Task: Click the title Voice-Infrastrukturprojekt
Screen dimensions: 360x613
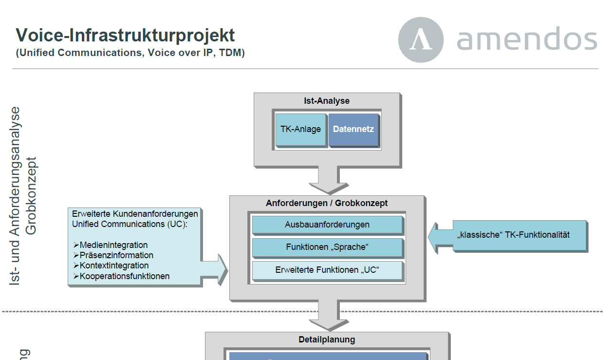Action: click(125, 35)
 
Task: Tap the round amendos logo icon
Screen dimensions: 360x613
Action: click(421, 39)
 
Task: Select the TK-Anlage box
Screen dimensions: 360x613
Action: click(301, 130)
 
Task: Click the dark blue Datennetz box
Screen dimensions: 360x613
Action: click(353, 130)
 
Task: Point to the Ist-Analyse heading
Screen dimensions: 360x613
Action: click(327, 101)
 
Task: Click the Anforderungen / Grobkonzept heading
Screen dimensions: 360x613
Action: click(327, 203)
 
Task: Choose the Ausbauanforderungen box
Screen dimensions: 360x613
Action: click(327, 225)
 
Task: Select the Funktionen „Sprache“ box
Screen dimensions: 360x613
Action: click(327, 247)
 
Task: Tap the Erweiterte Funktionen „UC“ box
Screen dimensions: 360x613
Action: click(327, 270)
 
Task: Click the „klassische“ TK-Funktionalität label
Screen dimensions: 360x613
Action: click(513, 235)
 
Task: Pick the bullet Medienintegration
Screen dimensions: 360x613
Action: click(113, 245)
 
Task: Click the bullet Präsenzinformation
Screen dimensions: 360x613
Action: click(116, 255)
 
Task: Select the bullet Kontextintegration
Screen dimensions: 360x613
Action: click(114, 265)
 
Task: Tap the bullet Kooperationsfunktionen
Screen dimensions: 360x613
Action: click(125, 276)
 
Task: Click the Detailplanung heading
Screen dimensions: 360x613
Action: click(327, 340)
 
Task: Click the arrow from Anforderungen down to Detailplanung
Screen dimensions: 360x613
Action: click(327, 316)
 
